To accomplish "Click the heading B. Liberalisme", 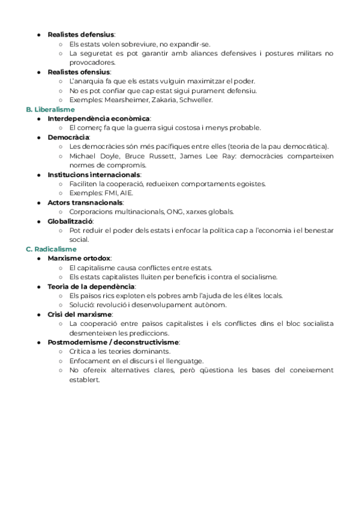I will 50,110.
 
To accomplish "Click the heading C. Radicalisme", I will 51,248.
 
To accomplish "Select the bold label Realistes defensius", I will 81,34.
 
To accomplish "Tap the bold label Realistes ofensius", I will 79,72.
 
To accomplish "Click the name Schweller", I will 194,100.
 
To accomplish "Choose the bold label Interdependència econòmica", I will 99,119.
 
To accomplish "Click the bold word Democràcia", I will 68,137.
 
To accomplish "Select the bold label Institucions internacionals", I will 94,175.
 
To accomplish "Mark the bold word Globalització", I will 70,221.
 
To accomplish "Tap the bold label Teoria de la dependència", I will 91,286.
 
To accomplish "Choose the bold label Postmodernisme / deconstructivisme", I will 113,342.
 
